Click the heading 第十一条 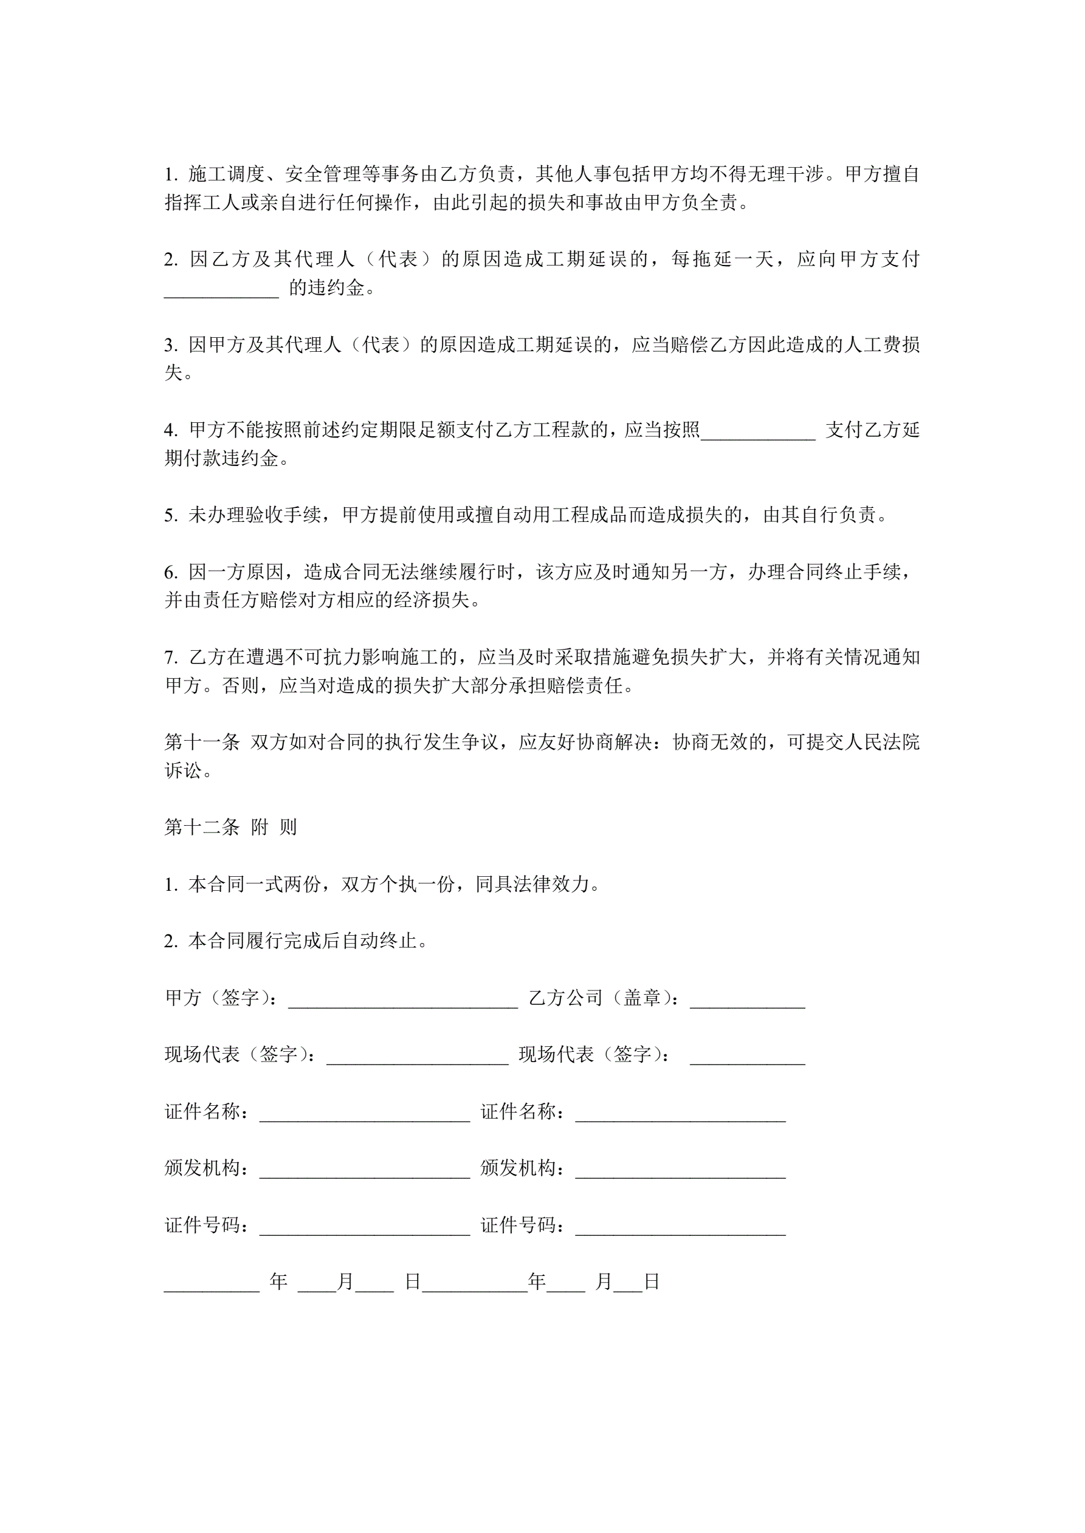tap(202, 742)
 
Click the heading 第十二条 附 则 tap(230, 827)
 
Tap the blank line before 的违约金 tap(221, 290)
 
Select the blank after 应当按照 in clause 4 tap(757, 432)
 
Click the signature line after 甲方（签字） tap(403, 1000)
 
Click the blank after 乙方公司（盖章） tap(747, 1000)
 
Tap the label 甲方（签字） tap(221, 998)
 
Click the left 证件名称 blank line tap(364, 1113)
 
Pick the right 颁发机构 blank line tap(680, 1170)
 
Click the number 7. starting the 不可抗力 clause tap(171, 657)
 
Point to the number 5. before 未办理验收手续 tap(171, 515)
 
